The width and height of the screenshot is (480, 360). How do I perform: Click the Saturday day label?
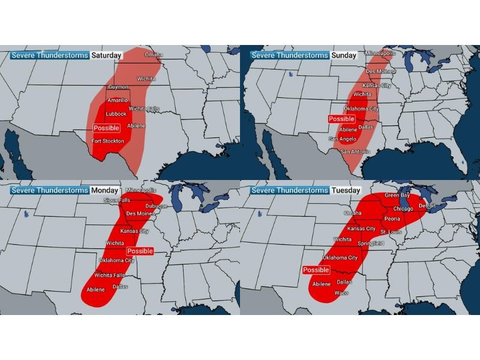pos(106,55)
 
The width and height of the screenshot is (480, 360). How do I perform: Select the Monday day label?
pos(104,190)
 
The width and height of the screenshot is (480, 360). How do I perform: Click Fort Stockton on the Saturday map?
pos(108,141)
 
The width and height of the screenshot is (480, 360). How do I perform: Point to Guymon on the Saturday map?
pos(118,87)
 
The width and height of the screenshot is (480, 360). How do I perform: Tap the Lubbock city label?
pos(116,114)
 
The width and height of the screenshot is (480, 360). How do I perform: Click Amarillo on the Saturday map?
pos(118,100)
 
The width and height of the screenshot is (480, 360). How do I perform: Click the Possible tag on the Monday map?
pos(140,251)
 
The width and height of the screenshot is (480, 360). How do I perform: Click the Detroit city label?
pos(427,206)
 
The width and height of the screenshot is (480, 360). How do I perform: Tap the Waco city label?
pos(341,292)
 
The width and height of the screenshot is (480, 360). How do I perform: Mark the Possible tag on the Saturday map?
pos(107,128)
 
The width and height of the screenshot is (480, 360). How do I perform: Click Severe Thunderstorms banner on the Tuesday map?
pos(290,190)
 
